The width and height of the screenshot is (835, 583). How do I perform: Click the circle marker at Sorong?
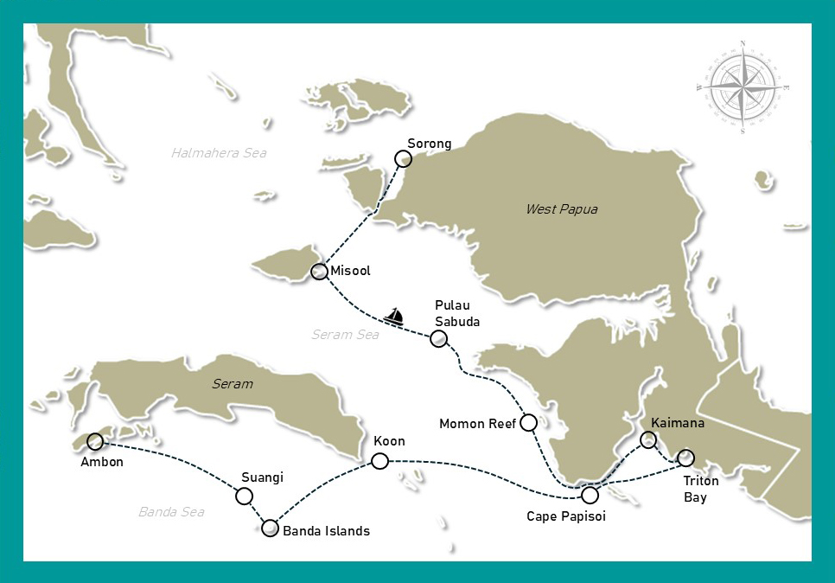point(403,158)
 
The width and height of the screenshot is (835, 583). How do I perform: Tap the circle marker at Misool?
point(318,272)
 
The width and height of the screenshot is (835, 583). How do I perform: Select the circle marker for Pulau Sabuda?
point(439,338)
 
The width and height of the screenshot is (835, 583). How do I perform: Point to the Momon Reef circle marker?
point(529,423)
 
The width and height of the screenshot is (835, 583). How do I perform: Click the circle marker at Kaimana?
point(647,440)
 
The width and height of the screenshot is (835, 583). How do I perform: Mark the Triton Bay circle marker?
point(685,458)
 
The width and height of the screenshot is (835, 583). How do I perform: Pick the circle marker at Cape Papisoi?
point(590,496)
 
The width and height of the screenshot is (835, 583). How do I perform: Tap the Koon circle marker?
point(379,461)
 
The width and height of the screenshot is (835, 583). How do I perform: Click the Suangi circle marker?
point(245,496)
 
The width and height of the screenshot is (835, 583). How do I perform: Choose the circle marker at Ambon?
point(95,442)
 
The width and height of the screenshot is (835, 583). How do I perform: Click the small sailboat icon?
point(394,317)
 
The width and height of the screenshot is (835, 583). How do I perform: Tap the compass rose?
point(743,86)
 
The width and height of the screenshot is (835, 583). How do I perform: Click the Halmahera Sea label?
point(219,153)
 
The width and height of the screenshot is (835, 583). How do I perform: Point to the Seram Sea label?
point(345,335)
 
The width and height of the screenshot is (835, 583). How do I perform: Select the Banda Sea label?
point(171,512)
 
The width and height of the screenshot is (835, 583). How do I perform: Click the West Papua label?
point(561,209)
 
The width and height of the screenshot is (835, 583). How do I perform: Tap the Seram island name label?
point(233,383)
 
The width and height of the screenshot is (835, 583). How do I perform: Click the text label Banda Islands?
point(326,531)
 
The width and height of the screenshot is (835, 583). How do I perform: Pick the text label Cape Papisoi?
point(566,516)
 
